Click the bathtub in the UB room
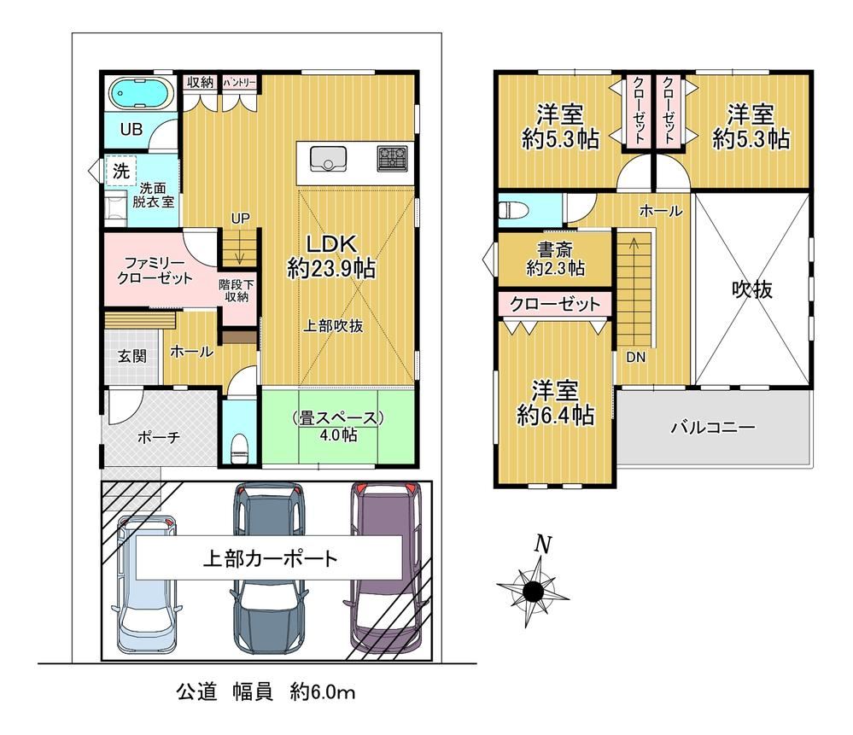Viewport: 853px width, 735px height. point(141,92)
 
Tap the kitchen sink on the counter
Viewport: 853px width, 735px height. point(329,158)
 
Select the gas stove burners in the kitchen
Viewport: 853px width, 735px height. point(392,158)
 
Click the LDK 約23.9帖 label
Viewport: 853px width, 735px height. point(331,256)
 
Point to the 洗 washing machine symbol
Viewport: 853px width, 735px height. point(120,172)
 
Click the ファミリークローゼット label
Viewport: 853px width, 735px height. point(155,271)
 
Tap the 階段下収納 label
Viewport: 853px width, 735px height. point(237,290)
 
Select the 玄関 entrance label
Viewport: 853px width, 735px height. point(132,356)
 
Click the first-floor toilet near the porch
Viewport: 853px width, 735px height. point(239,449)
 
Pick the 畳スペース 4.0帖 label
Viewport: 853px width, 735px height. point(338,426)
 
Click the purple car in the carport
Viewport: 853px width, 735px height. point(384,569)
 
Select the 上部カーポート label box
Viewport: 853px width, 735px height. point(269,558)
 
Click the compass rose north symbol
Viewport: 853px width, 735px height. point(533,590)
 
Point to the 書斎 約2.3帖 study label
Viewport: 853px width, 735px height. point(555,259)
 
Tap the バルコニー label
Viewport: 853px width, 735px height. point(713,427)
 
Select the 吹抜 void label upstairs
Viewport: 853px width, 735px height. point(752,289)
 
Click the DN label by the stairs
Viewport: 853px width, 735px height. point(636,358)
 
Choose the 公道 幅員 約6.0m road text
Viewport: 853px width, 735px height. point(266,692)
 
